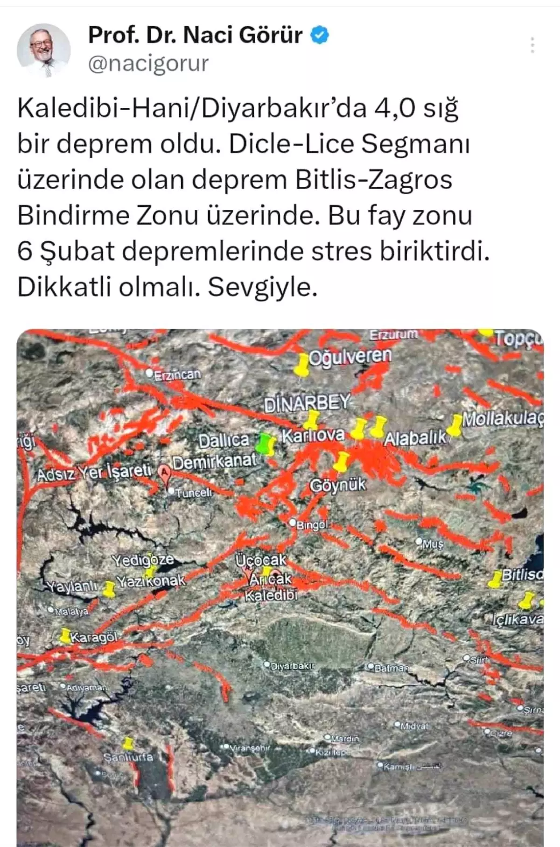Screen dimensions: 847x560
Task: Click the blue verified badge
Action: pos(320,35)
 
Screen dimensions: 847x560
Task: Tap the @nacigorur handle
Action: pos(148,64)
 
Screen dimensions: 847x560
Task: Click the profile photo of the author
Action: pos(44,50)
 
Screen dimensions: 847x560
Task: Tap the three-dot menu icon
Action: pos(532,45)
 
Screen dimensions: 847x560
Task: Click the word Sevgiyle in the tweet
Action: pos(262,287)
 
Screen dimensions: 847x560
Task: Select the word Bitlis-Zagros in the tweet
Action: pos(374,180)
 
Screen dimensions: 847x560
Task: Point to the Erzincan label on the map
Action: pos(177,374)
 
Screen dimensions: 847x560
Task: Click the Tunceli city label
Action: pos(193,492)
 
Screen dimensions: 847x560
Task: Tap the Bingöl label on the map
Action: pos(311,525)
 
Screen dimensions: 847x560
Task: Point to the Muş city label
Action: pos(433,543)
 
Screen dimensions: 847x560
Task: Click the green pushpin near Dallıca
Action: pos(267,444)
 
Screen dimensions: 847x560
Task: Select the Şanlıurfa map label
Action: pos(128,757)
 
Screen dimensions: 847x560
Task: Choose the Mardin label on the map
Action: pos(344,739)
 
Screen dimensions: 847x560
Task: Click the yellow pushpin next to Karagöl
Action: pos(65,635)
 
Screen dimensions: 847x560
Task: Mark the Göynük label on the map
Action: pos(338,486)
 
